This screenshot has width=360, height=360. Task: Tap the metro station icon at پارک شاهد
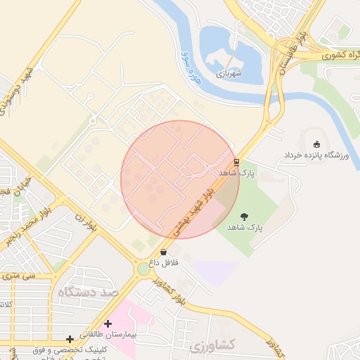coord(236,160)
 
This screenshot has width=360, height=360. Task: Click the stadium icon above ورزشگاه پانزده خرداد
coord(316,144)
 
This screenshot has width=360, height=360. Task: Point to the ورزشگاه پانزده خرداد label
coord(316,155)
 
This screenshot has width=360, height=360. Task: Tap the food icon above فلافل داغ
coord(164,252)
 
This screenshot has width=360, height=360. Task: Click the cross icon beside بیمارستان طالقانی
coord(108,323)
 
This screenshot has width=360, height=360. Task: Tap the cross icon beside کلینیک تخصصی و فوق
coord(70,340)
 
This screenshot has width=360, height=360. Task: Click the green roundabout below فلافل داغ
coord(144,269)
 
